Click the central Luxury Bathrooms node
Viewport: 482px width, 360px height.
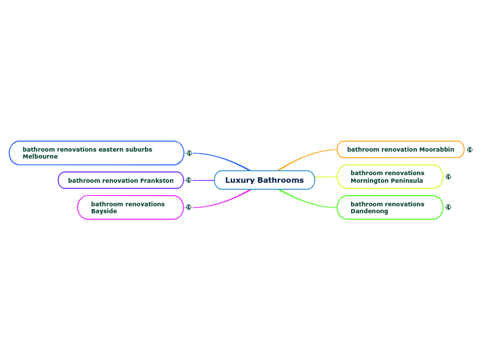264,180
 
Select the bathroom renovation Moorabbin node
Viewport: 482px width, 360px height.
400,150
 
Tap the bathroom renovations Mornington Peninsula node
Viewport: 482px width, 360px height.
389,177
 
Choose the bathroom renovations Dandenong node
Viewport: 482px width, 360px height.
389,208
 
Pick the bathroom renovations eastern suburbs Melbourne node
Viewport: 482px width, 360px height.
96,153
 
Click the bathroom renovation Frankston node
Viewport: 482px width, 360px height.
120,181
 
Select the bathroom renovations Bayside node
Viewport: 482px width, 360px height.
130,208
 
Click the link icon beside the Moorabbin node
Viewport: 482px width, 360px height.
470,150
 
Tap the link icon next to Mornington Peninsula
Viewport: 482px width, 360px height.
448,177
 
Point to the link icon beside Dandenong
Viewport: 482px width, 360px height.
448,207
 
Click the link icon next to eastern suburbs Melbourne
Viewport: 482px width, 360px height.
189,153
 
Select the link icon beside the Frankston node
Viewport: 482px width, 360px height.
188,180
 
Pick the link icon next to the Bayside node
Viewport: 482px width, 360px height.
188,207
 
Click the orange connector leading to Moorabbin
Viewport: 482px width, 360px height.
305,156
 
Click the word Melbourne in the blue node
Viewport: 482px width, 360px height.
40,156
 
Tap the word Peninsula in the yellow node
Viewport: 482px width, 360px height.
406,181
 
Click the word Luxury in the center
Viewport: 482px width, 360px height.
240,180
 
